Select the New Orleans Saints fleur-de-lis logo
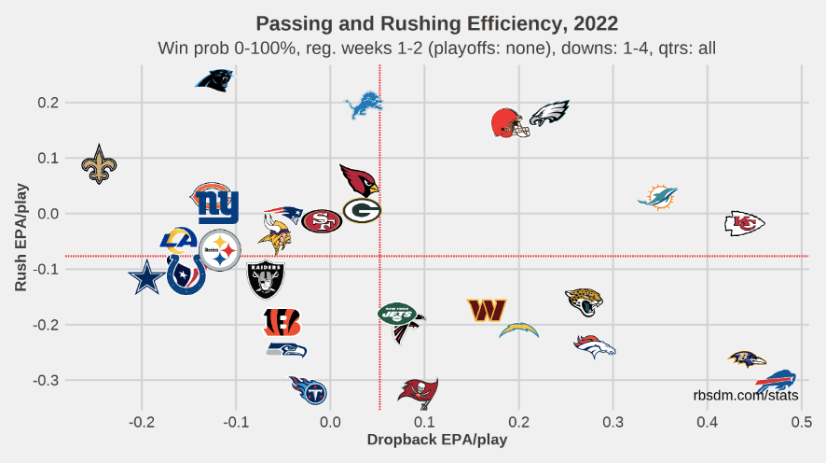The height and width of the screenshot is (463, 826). (x=100, y=163)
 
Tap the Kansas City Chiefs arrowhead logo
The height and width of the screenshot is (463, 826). (x=744, y=223)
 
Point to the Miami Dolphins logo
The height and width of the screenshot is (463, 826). (x=658, y=197)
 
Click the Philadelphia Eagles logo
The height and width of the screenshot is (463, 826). (x=549, y=114)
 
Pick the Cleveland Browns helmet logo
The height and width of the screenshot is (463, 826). (x=510, y=123)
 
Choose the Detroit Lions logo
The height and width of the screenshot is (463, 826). (x=364, y=106)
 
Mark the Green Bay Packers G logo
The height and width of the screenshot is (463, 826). (x=362, y=211)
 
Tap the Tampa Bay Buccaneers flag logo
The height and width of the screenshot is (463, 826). (x=417, y=390)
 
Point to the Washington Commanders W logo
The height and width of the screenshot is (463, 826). (x=487, y=309)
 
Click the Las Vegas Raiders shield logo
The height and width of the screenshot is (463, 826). (x=266, y=279)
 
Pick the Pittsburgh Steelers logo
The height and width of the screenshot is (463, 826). (x=220, y=250)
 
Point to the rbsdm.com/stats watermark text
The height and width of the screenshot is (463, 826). (x=746, y=396)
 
